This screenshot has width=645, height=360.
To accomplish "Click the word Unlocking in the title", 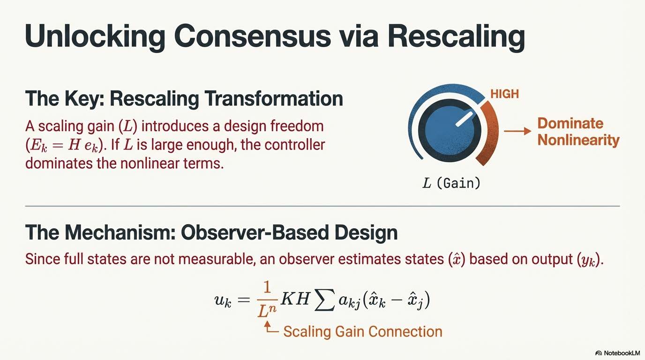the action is tap(95, 37).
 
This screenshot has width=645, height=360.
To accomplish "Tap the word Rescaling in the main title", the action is tap(457, 37).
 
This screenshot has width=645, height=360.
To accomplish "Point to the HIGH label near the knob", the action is tap(504, 94).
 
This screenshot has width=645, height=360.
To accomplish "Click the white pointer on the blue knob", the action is tap(465, 119).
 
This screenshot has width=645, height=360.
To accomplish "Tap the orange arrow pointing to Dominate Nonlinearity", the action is tap(517, 131).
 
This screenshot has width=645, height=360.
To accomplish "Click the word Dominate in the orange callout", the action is tap(570, 123).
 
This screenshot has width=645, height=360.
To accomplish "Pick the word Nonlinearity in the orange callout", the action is tap(578, 140).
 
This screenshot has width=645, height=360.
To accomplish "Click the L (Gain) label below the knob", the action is tap(451, 183).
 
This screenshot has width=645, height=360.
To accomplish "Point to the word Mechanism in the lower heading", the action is tap(120, 232).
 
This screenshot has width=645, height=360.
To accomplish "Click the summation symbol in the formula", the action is tap(324, 300).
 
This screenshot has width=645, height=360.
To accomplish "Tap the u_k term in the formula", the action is tap(223, 300).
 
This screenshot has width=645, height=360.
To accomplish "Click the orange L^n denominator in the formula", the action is tap(267, 311).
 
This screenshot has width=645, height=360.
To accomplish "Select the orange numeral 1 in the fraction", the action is tap(267, 287).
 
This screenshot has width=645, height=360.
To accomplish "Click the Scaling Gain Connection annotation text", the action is tap(363, 331).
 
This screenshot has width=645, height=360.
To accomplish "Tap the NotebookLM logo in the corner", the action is tap(617, 353).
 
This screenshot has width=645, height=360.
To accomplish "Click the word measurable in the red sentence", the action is tap(212, 259).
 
